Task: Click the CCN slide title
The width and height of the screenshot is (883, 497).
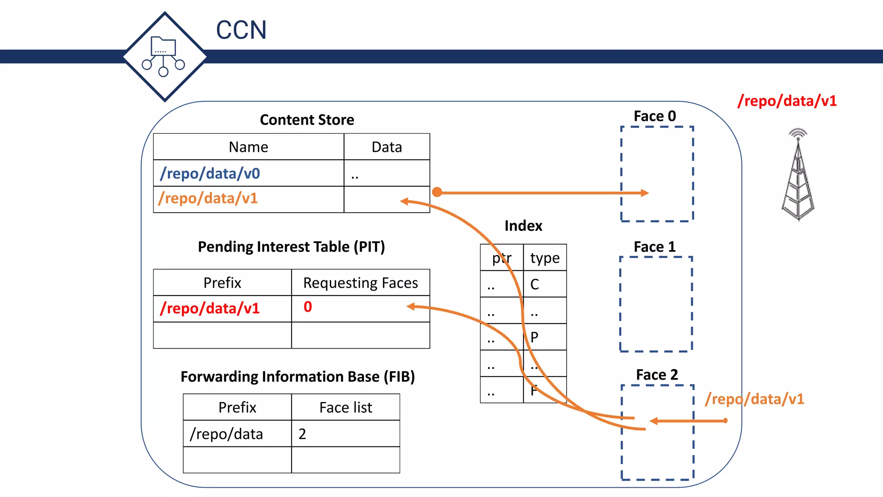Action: [241, 30]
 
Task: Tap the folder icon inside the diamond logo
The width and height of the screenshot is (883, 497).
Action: [163, 47]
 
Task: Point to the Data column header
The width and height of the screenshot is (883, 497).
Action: [387, 147]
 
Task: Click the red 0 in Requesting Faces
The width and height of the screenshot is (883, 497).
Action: [307, 307]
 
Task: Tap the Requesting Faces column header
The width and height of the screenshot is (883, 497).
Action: [360, 283]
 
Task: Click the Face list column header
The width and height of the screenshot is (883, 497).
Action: [345, 407]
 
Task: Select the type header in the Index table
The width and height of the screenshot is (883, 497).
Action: [545, 258]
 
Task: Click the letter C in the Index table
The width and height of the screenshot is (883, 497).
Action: [535, 284]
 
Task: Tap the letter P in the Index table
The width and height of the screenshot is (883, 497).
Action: [535, 337]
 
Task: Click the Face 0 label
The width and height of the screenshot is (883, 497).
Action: [654, 116]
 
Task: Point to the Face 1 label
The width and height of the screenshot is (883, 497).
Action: [654, 247]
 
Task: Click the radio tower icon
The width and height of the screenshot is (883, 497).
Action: [798, 177]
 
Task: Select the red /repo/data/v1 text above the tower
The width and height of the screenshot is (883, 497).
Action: [787, 101]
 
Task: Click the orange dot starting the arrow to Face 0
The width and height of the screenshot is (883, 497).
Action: [437, 192]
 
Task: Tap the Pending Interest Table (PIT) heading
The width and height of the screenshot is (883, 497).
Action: [291, 247]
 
